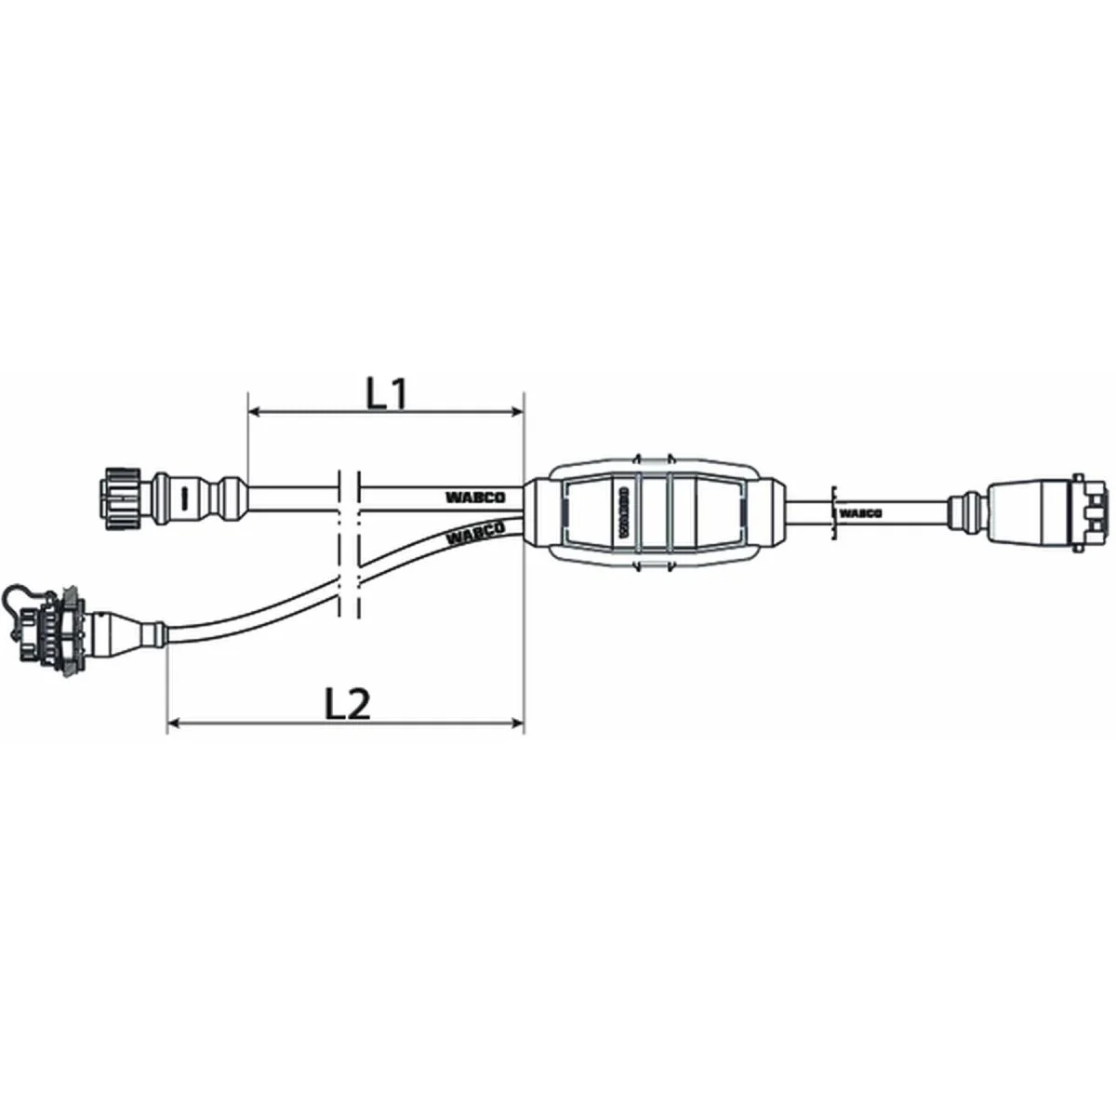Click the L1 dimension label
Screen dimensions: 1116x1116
(x=387, y=394)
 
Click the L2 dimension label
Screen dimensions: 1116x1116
(x=348, y=705)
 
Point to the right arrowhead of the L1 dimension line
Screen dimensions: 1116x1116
(x=518, y=411)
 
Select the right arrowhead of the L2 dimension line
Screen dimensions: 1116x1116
(x=518, y=721)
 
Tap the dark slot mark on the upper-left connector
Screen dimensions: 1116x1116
(x=185, y=498)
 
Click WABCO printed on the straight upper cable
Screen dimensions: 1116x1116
(x=474, y=498)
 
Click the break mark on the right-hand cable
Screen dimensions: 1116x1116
(x=835, y=510)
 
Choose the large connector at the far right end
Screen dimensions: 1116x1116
(x=1046, y=510)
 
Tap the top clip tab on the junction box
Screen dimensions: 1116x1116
(x=653, y=459)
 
